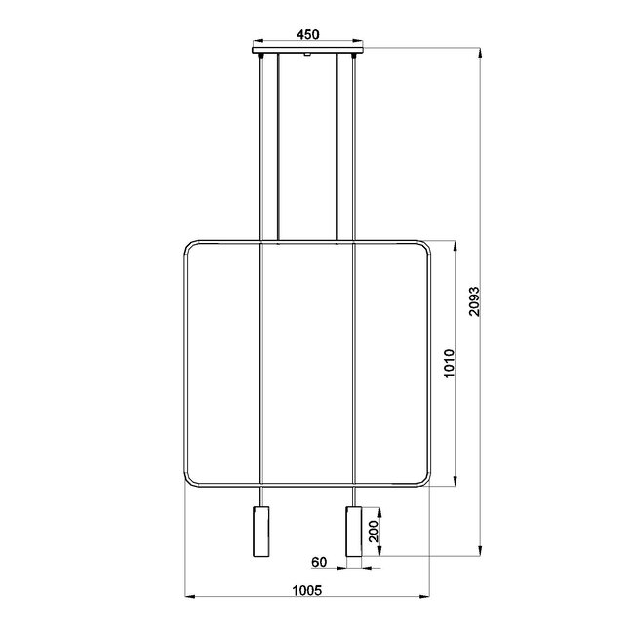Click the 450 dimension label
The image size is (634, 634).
pyautogui.click(x=307, y=34)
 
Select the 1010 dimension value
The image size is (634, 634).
pyautogui.click(x=449, y=364)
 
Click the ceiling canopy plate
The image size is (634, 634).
pyautogui.click(x=307, y=49)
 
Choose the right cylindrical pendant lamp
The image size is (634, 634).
pyautogui.click(x=353, y=535)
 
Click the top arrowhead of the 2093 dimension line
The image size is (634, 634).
pyautogui.click(x=481, y=49)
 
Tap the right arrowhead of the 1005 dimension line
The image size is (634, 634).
pyautogui.click(x=426, y=595)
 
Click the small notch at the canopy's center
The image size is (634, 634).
pyautogui.click(x=307, y=56)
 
